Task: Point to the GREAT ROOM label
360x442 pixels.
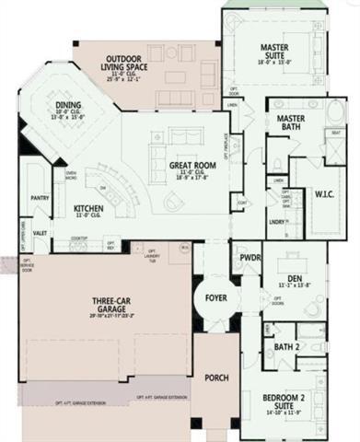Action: pos(191,167)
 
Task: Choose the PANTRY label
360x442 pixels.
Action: pos(39,198)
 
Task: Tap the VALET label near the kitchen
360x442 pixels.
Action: pos(40,234)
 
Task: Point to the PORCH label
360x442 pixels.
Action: pos(216,378)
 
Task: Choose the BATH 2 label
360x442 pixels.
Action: pos(285,346)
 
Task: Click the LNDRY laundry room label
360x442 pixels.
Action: pos(277,222)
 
